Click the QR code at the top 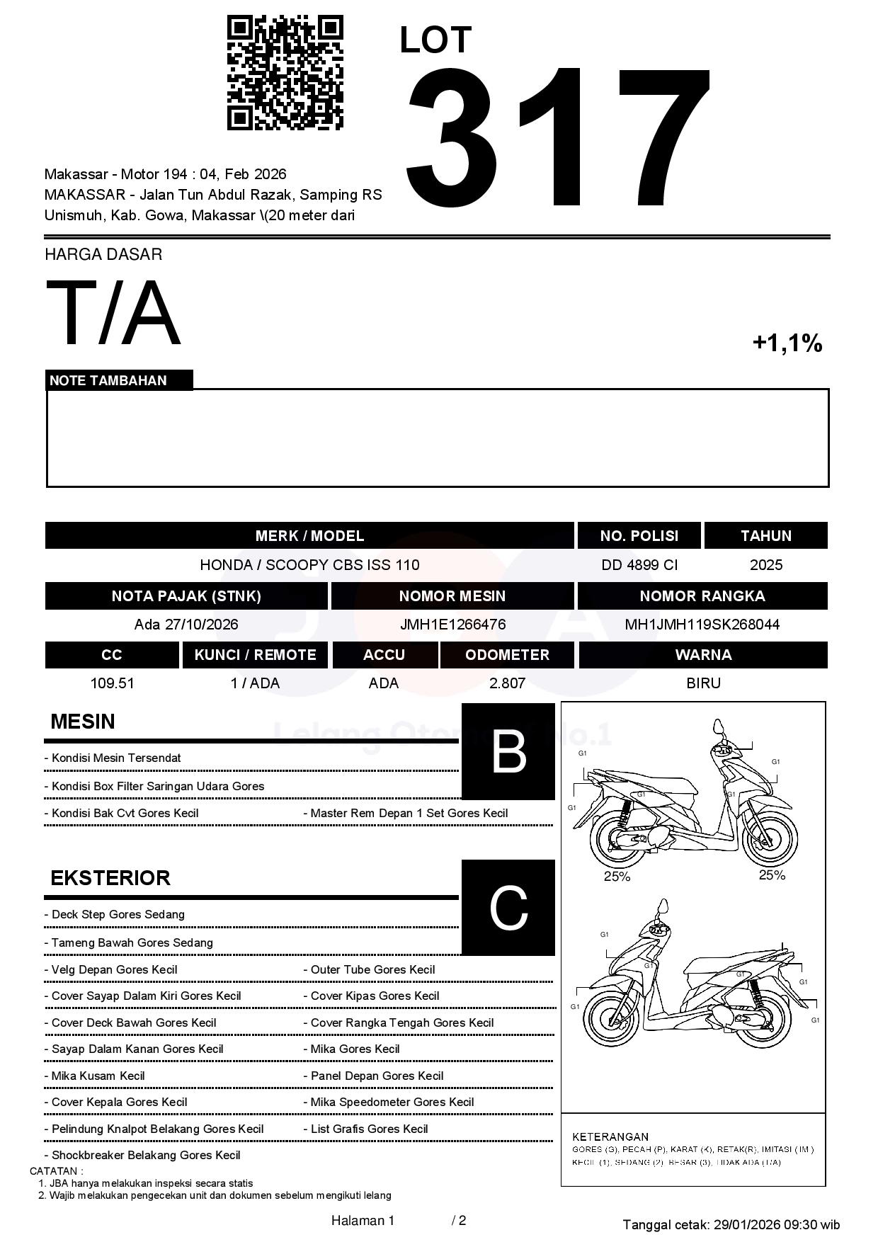coord(285,73)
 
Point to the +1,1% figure coord(787,343)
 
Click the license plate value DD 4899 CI coord(639,565)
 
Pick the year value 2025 coord(766,565)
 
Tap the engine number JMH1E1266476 coord(452,625)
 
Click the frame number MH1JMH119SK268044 coord(702,625)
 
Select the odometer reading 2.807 coord(507,683)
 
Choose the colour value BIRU coord(703,683)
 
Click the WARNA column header coord(703,655)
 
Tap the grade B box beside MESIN coord(508,752)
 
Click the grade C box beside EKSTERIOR coord(508,908)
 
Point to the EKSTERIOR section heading coord(110,878)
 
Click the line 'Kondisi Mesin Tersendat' coord(116,758)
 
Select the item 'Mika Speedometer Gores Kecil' coord(392,1102)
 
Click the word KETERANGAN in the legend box coord(610,1136)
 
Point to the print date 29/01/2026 coord(747,1224)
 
